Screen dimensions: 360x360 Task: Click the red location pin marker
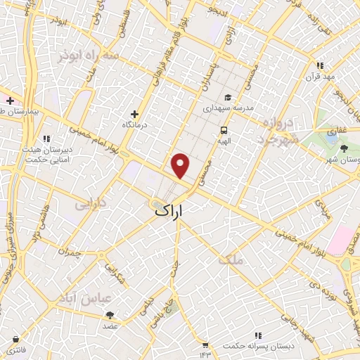181,165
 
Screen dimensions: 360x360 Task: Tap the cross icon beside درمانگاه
134,114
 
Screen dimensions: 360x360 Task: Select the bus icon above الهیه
224,130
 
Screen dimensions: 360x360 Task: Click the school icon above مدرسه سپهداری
228,98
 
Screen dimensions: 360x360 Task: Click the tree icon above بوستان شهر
344,148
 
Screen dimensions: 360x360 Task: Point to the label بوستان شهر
340,159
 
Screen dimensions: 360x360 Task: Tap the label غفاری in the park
331,131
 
